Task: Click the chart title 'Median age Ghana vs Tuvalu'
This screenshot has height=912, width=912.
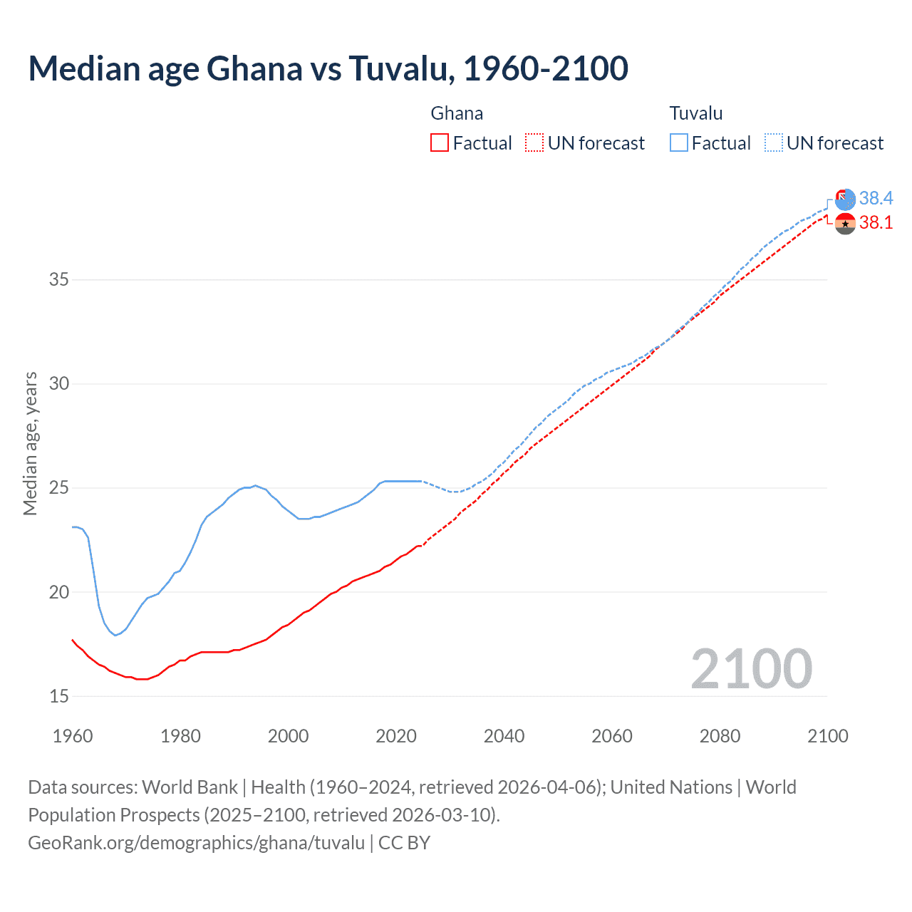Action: (328, 68)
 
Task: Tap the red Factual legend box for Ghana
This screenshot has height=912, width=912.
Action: (440, 143)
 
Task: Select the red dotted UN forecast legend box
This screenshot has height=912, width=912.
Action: (534, 143)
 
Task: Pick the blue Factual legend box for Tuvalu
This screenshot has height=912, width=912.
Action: (678, 143)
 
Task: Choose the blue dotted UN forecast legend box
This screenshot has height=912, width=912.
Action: (773, 143)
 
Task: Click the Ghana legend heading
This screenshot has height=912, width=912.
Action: (457, 113)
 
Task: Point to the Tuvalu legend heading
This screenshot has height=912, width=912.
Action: (695, 113)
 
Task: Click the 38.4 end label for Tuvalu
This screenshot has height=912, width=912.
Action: (876, 198)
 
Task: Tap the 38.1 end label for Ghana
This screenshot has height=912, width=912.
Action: (876, 223)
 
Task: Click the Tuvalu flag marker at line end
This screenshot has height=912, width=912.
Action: (845, 199)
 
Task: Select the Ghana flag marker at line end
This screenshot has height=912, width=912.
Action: (845, 224)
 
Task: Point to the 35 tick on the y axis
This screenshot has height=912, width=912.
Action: (59, 279)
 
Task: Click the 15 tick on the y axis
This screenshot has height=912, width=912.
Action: (59, 696)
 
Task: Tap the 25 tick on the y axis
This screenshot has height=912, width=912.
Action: (59, 488)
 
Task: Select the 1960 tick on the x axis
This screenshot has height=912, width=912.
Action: (73, 736)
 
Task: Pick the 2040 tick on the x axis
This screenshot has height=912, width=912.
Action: (504, 736)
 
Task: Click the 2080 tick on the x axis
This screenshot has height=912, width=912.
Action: (720, 736)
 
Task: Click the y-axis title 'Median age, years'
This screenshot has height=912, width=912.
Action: (30, 443)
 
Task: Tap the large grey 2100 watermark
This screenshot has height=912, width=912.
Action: (751, 668)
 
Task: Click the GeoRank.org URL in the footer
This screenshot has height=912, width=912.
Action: (196, 843)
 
